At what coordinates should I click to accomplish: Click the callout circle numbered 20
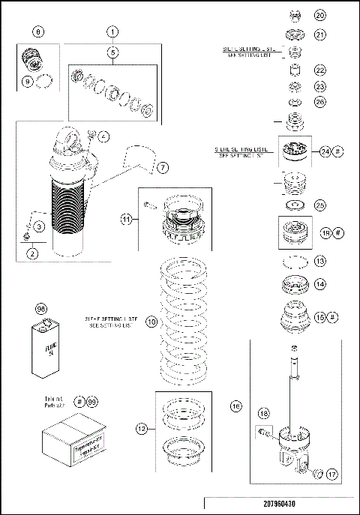click(x=320, y=15)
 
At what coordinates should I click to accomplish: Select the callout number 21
click(x=320, y=34)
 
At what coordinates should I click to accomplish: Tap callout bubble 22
click(x=320, y=70)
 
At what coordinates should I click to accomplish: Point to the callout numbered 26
click(x=320, y=101)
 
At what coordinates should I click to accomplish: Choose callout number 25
click(x=320, y=204)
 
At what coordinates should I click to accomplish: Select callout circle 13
click(x=320, y=262)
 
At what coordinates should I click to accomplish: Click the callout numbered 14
click(x=320, y=284)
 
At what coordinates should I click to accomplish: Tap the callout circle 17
click(x=331, y=474)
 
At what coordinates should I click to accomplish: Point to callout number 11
click(x=127, y=220)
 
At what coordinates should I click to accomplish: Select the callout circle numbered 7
click(x=163, y=166)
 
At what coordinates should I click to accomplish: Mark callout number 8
click(x=39, y=32)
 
